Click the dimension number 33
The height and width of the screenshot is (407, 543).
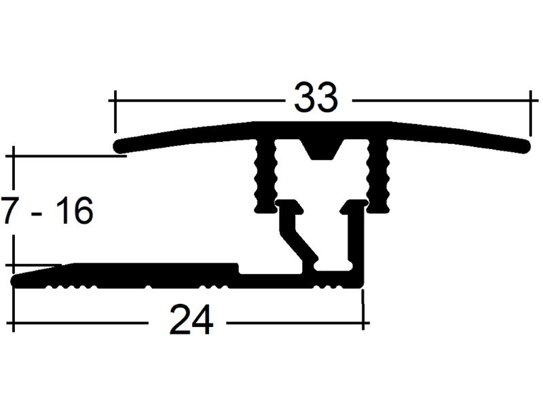click(x=316, y=99)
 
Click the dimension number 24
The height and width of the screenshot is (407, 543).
click(x=191, y=320)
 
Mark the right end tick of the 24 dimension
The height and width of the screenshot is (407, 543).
click(x=364, y=315)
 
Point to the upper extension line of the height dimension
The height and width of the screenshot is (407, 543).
click(x=68, y=156)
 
